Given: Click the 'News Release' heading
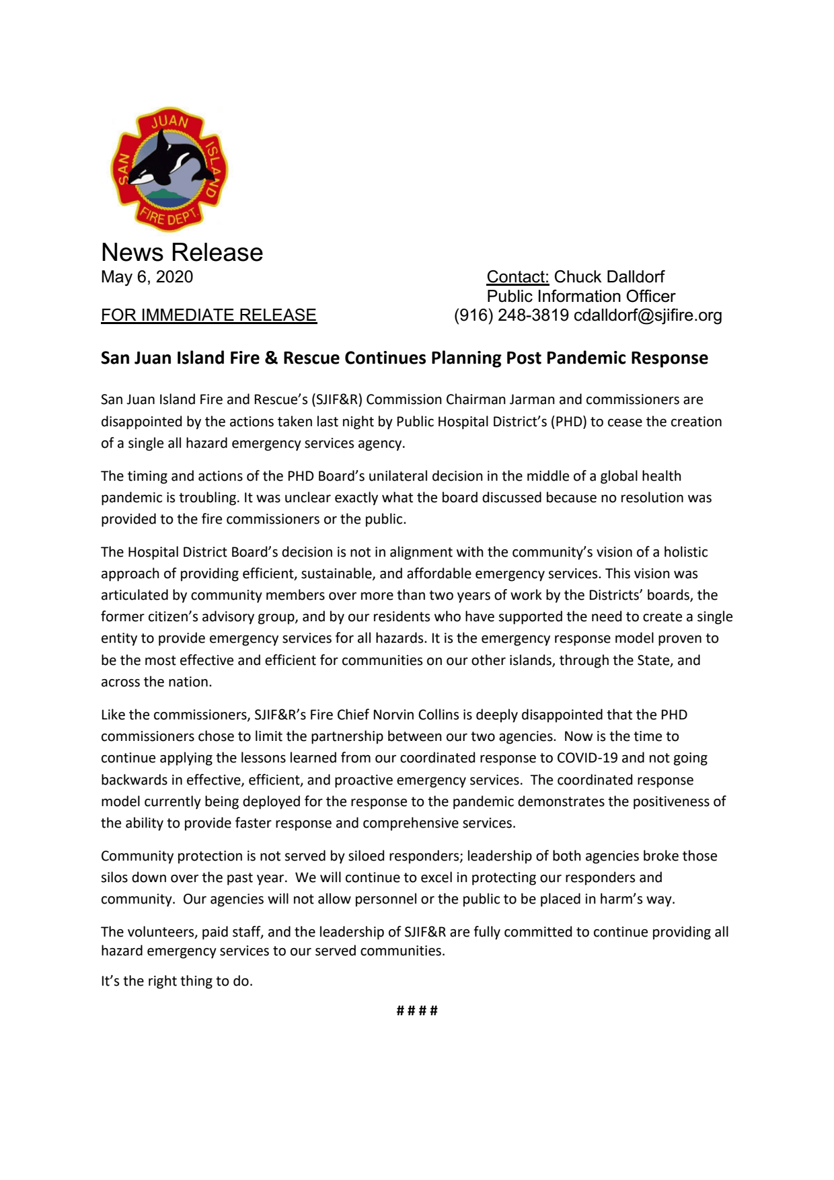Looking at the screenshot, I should pos(182,253).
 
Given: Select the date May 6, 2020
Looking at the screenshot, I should pos(147,277).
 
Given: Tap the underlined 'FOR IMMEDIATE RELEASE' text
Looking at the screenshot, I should pos(208,315).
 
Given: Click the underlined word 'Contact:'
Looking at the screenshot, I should pos(518,277).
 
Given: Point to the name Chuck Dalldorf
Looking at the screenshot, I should pos(609,277).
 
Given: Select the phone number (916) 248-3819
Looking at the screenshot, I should pos(511,315).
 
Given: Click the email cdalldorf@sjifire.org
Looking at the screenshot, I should pos(648,315).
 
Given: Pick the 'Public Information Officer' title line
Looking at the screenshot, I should pos(580,297).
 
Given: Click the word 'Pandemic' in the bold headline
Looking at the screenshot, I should pos(587,358).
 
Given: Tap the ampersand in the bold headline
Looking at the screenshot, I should pos(271,358).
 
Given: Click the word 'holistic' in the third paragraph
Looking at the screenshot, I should pos(685,552).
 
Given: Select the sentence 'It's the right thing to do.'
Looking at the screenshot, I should pos(177,981).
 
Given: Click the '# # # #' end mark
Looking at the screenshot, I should pos(417,1011).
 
